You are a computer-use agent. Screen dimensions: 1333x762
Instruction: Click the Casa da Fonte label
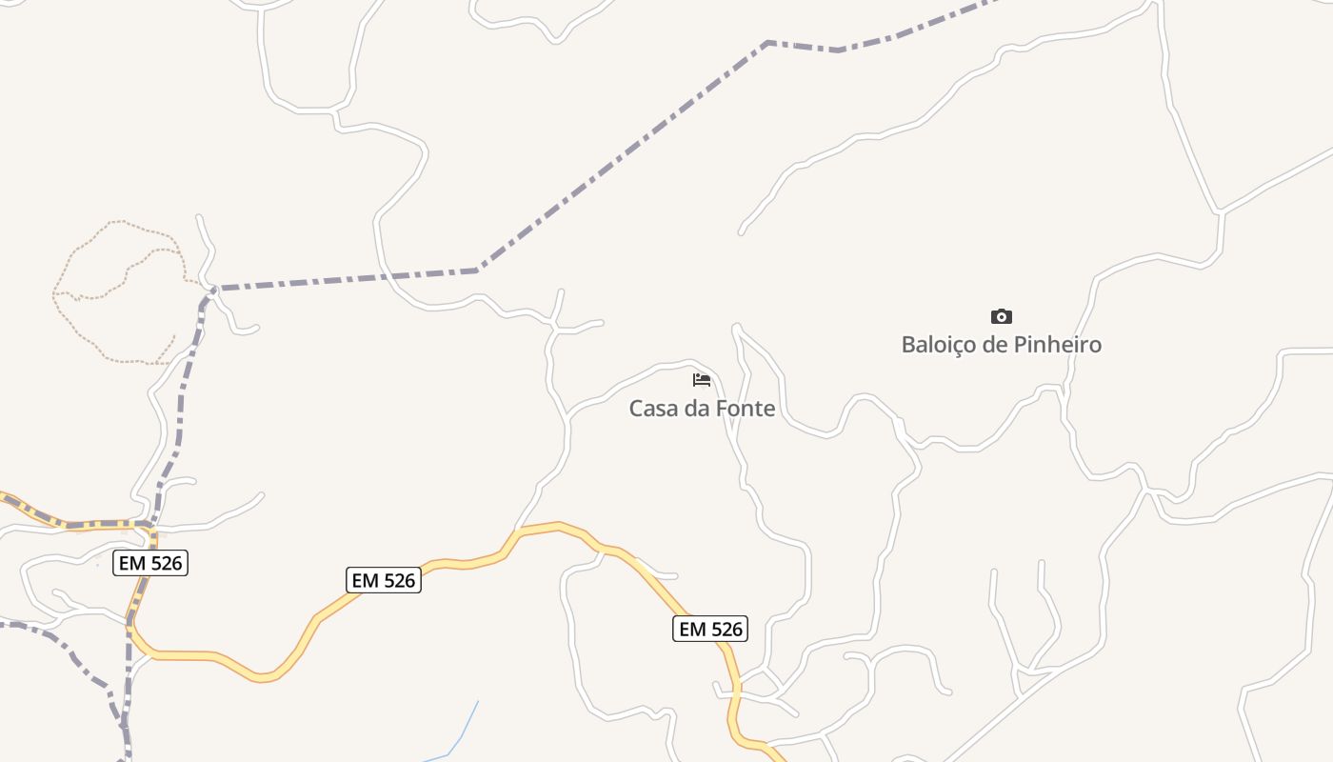702,409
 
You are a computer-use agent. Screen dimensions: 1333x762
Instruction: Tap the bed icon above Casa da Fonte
702,381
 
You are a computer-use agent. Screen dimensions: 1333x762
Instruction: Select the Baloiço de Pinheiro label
1001,344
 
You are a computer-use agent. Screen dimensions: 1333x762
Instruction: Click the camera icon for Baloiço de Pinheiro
1001,316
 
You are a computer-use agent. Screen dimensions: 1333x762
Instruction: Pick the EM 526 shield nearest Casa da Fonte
710,629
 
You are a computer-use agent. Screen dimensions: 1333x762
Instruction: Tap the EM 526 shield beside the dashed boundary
150,563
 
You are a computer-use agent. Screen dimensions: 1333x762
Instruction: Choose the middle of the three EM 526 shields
383,579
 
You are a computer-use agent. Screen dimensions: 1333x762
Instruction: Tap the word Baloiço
939,344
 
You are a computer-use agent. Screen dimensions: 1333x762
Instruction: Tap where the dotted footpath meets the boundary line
211,287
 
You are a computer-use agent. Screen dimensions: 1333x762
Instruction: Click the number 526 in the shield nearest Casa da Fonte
725,629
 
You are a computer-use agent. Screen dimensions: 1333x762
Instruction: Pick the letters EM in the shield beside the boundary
132,563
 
